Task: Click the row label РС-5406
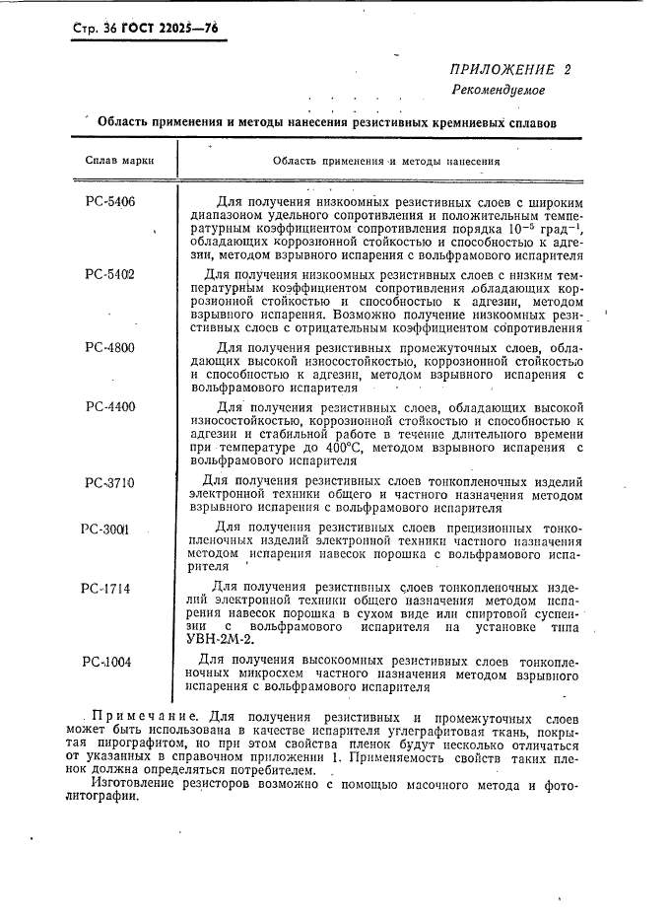[x=110, y=202]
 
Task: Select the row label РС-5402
[x=110, y=274]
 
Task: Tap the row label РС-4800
[x=110, y=347]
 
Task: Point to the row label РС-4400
[x=110, y=406]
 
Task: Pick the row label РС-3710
[x=109, y=482]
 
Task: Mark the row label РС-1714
[x=106, y=588]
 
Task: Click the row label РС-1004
[x=107, y=662]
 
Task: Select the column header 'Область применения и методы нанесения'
[x=386, y=160]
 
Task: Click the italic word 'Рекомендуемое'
[x=498, y=90]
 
